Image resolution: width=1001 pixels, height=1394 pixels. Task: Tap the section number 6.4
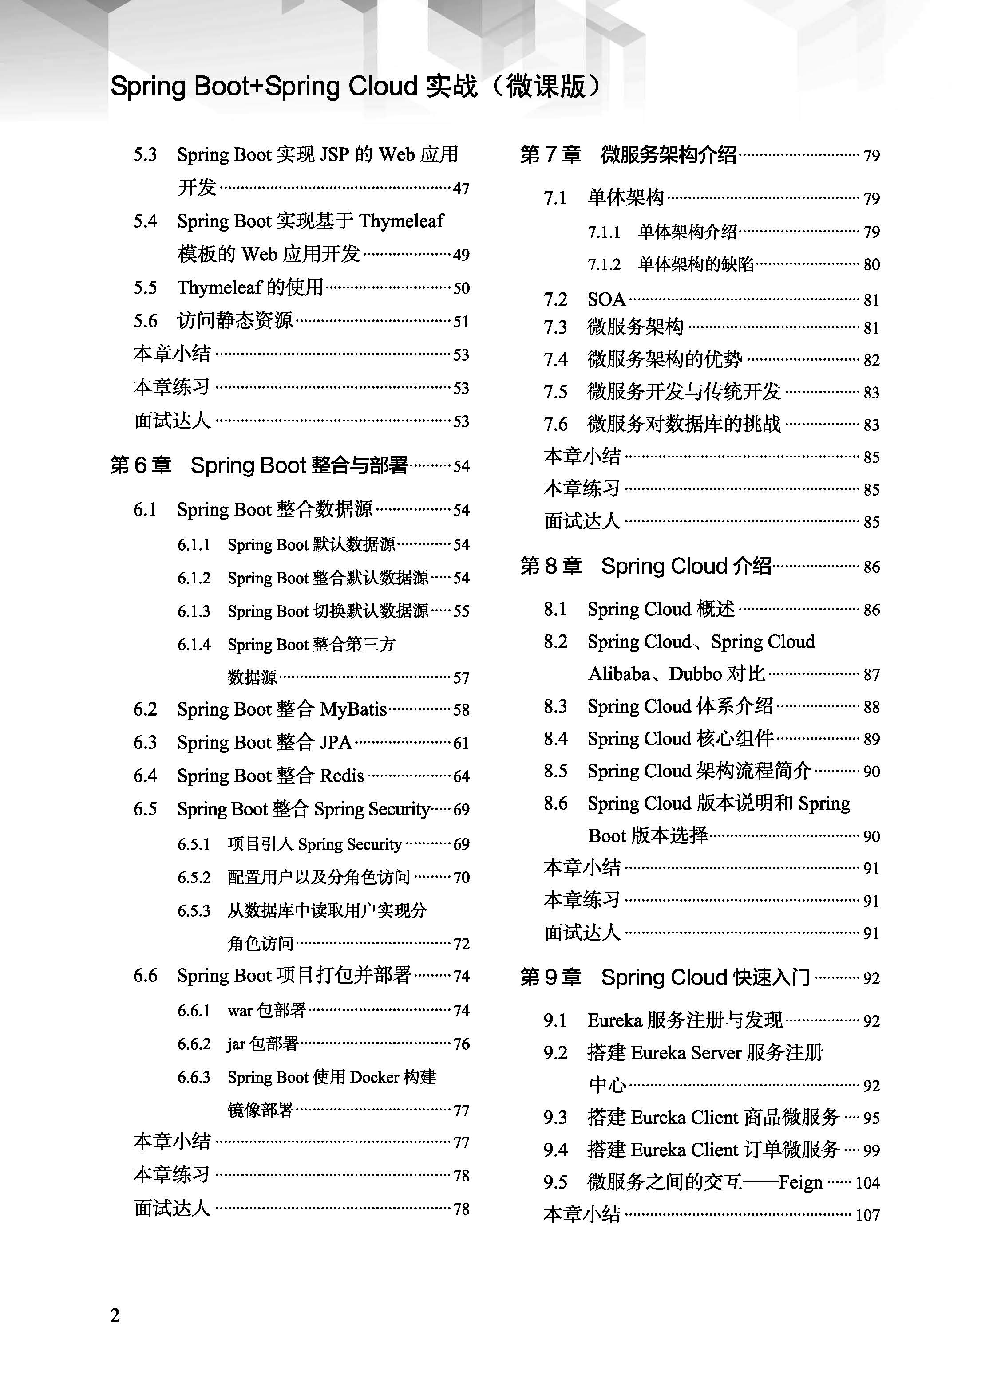(145, 776)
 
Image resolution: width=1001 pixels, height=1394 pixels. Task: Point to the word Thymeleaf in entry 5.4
(401, 221)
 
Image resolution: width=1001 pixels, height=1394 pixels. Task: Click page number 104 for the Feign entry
(867, 1182)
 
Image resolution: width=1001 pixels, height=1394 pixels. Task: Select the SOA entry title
(606, 299)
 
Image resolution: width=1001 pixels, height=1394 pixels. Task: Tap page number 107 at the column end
(867, 1215)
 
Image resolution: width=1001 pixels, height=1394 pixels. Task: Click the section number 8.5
(555, 771)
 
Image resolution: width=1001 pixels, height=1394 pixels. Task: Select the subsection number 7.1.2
(604, 264)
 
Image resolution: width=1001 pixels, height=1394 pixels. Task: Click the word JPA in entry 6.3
(336, 743)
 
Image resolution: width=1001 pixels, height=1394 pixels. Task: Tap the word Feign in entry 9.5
(800, 1182)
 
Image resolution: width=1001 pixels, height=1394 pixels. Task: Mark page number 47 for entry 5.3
(461, 188)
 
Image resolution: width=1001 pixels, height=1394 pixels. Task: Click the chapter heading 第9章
(550, 977)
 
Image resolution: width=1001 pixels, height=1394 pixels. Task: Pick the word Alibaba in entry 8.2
(618, 674)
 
